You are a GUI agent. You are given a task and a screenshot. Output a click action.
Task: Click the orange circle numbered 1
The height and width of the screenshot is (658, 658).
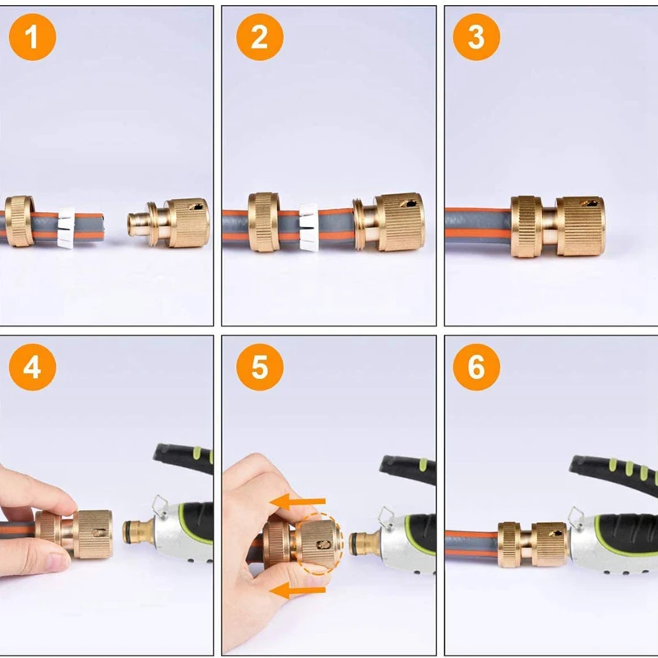click(32, 37)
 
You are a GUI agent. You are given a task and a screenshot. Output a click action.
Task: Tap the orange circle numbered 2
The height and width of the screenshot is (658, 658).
click(259, 37)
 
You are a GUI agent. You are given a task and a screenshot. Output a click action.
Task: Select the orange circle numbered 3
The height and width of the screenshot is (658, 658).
click(476, 37)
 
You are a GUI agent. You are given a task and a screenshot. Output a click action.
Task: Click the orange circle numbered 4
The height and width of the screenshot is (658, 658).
click(32, 367)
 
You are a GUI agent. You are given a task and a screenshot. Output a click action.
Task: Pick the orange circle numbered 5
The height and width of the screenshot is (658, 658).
click(259, 367)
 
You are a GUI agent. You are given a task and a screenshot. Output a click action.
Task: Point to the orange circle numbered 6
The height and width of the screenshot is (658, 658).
click(476, 367)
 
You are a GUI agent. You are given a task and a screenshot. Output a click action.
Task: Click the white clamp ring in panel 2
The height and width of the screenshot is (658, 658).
click(309, 225)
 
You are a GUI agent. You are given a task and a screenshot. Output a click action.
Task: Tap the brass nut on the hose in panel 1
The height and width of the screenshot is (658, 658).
click(19, 220)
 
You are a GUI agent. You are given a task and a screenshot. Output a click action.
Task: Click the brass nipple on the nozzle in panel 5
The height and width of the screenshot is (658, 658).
click(361, 543)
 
